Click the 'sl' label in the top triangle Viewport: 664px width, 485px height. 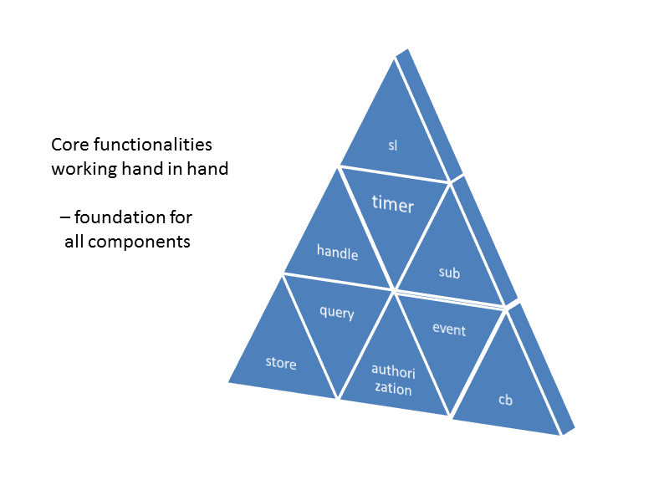click(393, 145)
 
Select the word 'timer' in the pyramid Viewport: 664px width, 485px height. click(393, 204)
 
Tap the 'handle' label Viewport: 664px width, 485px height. click(337, 252)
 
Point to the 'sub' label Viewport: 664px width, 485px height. click(450, 273)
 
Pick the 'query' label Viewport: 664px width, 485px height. click(337, 313)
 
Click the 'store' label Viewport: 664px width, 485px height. click(281, 363)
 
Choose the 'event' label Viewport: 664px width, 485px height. click(449, 329)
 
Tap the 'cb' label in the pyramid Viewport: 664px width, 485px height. click(505, 400)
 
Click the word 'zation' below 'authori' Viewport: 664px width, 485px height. click(393, 389)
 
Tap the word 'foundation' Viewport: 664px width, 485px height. click(120, 218)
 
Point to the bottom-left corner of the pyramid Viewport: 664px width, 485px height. click(229, 381)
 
